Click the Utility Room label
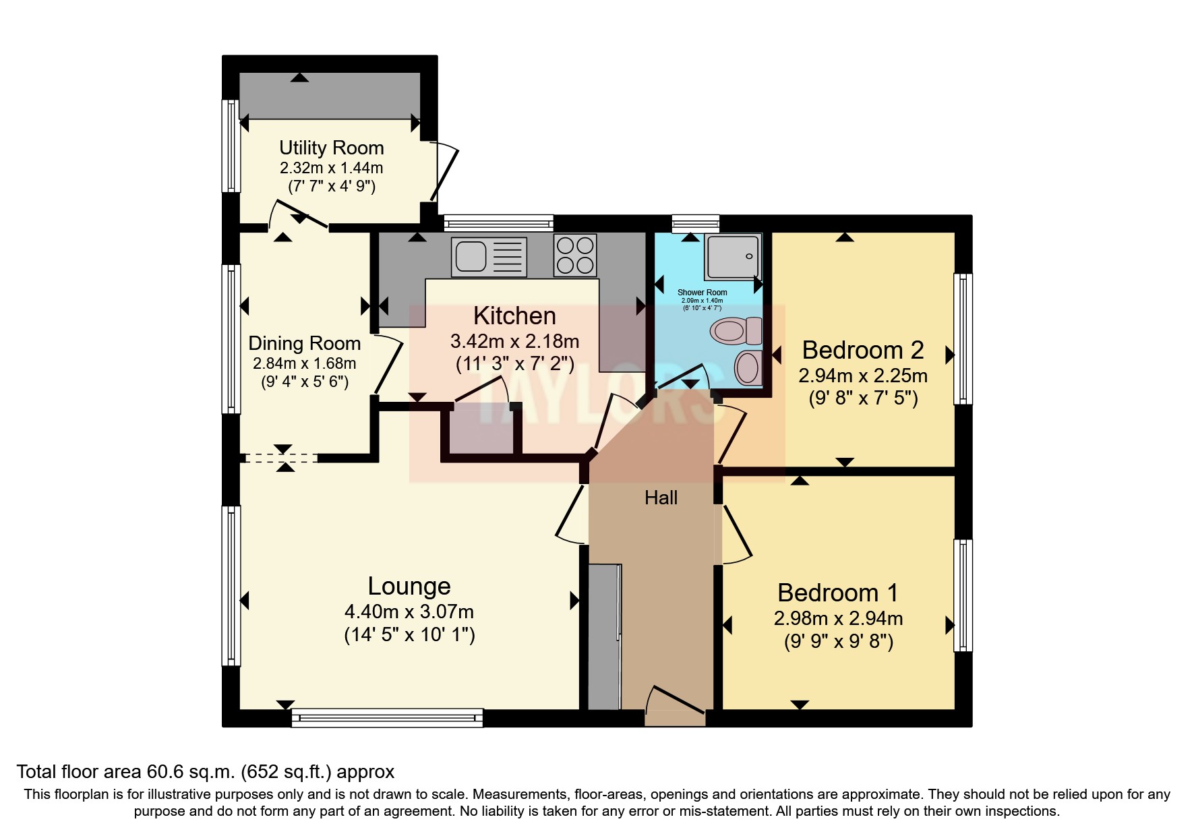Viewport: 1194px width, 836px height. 331,148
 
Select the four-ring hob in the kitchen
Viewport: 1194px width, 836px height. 575,255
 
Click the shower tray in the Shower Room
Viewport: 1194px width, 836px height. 732,256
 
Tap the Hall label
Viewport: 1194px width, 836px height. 661,498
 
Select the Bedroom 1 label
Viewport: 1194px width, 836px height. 837,593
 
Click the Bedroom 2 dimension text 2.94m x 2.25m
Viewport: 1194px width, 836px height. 863,375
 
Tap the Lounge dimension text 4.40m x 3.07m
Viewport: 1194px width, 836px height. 409,612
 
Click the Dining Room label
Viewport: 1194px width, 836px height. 304,343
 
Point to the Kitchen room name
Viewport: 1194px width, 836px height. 514,316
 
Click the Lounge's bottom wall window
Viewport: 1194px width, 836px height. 388,718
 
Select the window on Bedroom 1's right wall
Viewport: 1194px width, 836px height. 963,595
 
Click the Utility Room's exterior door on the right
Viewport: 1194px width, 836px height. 445,172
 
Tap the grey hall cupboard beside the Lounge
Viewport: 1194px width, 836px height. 604,636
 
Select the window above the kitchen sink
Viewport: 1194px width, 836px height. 498,224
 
